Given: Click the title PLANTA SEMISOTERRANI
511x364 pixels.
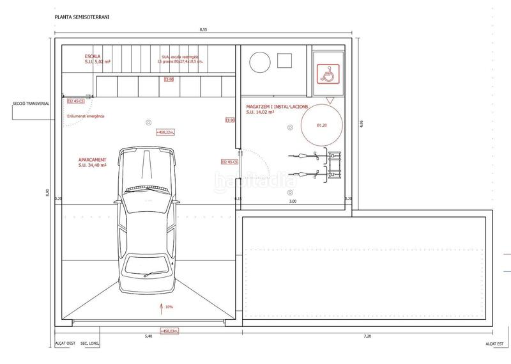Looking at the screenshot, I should [82, 18].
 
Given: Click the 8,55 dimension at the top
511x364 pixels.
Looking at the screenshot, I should [203, 30].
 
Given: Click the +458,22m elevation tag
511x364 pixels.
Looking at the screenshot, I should [165, 132].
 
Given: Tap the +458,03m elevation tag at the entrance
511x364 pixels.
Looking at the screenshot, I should [171, 330].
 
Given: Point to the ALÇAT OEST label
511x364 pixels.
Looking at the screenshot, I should [63, 344].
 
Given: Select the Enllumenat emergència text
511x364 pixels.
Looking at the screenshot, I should [86, 116].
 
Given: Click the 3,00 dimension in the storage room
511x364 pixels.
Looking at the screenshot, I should [293, 201].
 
